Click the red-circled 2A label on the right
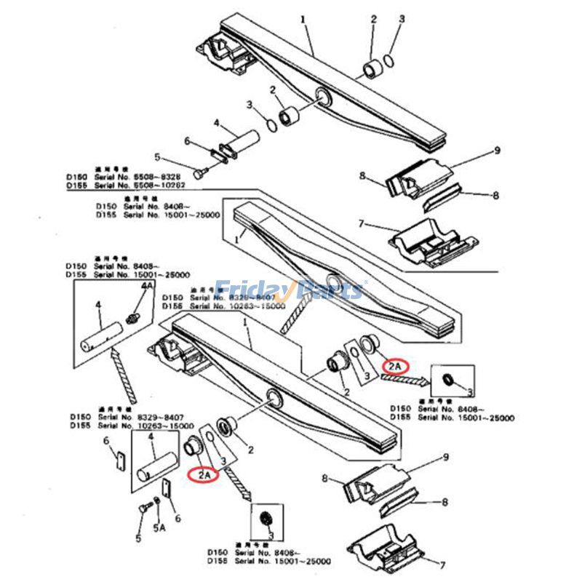coord(397,366)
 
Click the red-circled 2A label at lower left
coord(202,475)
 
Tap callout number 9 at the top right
coord(497,151)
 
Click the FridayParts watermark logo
coord(290,290)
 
